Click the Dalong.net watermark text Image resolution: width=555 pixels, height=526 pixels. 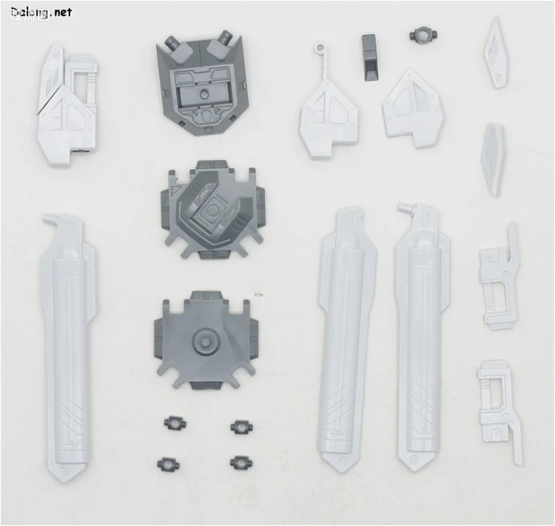coord(41,13)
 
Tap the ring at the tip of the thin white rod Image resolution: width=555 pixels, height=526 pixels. coord(320,47)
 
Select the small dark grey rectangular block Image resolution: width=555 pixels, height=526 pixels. coord(369,58)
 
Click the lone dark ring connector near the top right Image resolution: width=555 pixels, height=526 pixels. coord(423,35)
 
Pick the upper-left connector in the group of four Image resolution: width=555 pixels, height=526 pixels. coord(175,424)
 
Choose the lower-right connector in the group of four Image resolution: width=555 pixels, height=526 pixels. coord(240,462)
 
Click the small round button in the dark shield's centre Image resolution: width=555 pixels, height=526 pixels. coord(203,94)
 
